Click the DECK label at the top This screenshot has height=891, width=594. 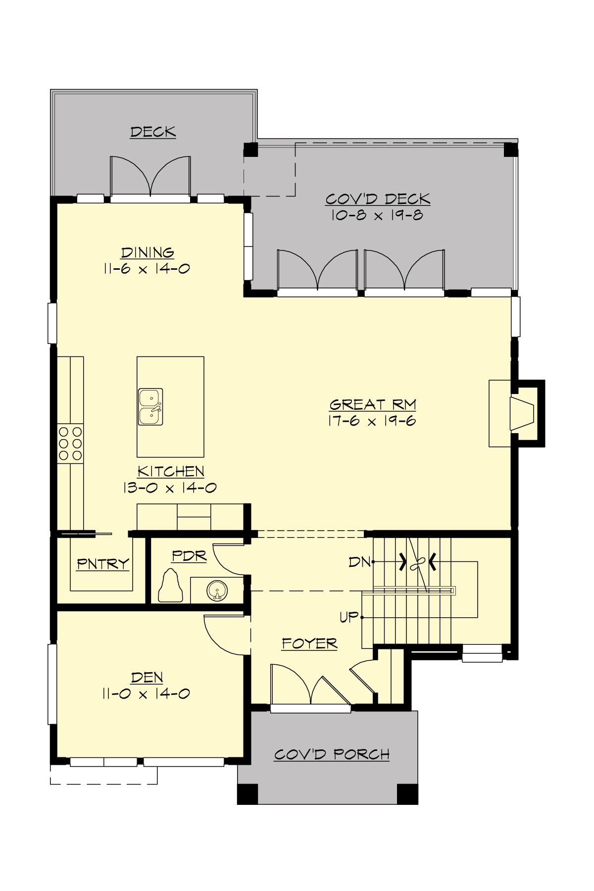pyautogui.click(x=153, y=132)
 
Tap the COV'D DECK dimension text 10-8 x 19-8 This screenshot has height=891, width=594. pyautogui.click(x=377, y=215)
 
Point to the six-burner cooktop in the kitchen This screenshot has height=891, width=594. pyautogui.click(x=70, y=444)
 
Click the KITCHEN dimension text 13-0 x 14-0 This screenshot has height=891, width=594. pyautogui.click(x=170, y=488)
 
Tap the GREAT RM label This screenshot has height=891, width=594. pyautogui.click(x=372, y=404)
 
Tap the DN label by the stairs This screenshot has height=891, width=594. pyautogui.click(x=359, y=562)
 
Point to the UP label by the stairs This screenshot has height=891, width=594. pyautogui.click(x=349, y=617)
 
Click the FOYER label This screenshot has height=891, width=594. pyautogui.click(x=309, y=643)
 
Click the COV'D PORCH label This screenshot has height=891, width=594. pyautogui.click(x=332, y=754)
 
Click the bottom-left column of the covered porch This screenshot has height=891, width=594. pyautogui.click(x=247, y=793)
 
